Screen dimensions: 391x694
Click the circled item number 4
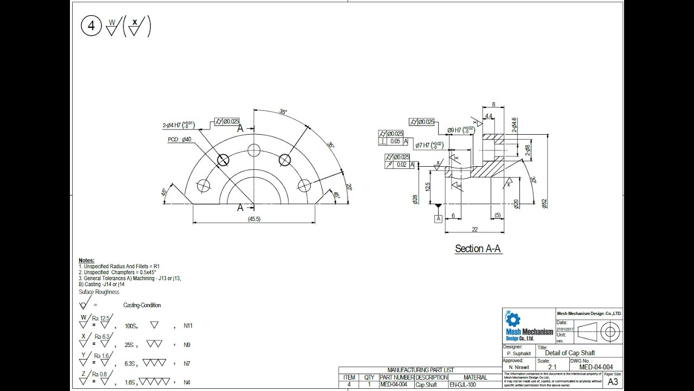click(x=91, y=26)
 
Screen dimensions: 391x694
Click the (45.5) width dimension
click(x=254, y=219)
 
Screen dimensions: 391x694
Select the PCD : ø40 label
click(x=179, y=140)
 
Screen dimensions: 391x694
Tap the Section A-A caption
click(x=478, y=249)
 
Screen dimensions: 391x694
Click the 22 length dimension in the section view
click(x=474, y=229)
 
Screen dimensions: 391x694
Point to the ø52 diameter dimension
click(x=544, y=203)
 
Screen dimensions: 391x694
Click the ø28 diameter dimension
click(x=415, y=199)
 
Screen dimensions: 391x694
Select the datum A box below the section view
click(x=438, y=218)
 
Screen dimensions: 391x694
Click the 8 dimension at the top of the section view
click(x=493, y=105)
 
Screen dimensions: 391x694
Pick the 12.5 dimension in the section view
click(x=428, y=187)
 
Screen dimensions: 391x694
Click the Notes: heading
click(x=86, y=261)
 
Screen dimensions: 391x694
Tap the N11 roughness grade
click(x=188, y=326)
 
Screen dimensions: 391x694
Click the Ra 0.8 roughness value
click(x=102, y=374)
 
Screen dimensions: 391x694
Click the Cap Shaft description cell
click(x=426, y=384)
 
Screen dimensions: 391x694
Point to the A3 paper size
click(x=613, y=382)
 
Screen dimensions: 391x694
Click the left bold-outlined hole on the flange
click(x=223, y=160)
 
